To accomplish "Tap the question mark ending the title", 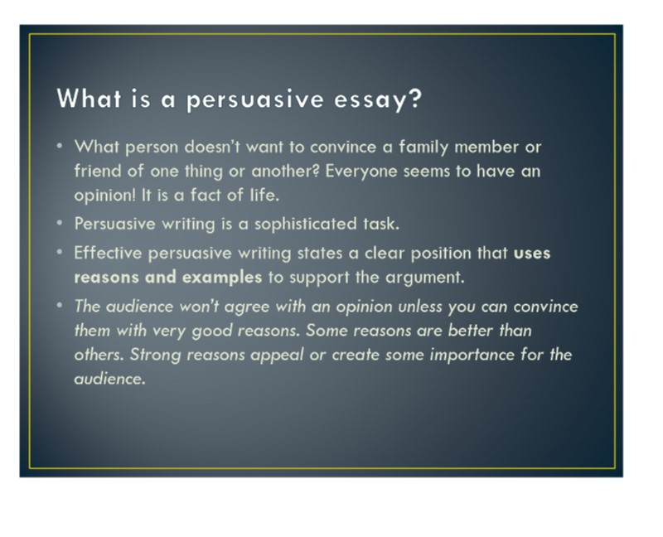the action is (416, 98).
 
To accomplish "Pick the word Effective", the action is (108, 253).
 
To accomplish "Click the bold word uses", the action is (532, 254).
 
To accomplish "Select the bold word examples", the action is (222, 278).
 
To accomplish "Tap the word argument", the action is (424, 278).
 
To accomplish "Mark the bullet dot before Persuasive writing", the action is (60, 222).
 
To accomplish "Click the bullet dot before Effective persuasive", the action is (60, 252).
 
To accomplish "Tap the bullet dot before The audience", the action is (60, 305).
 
